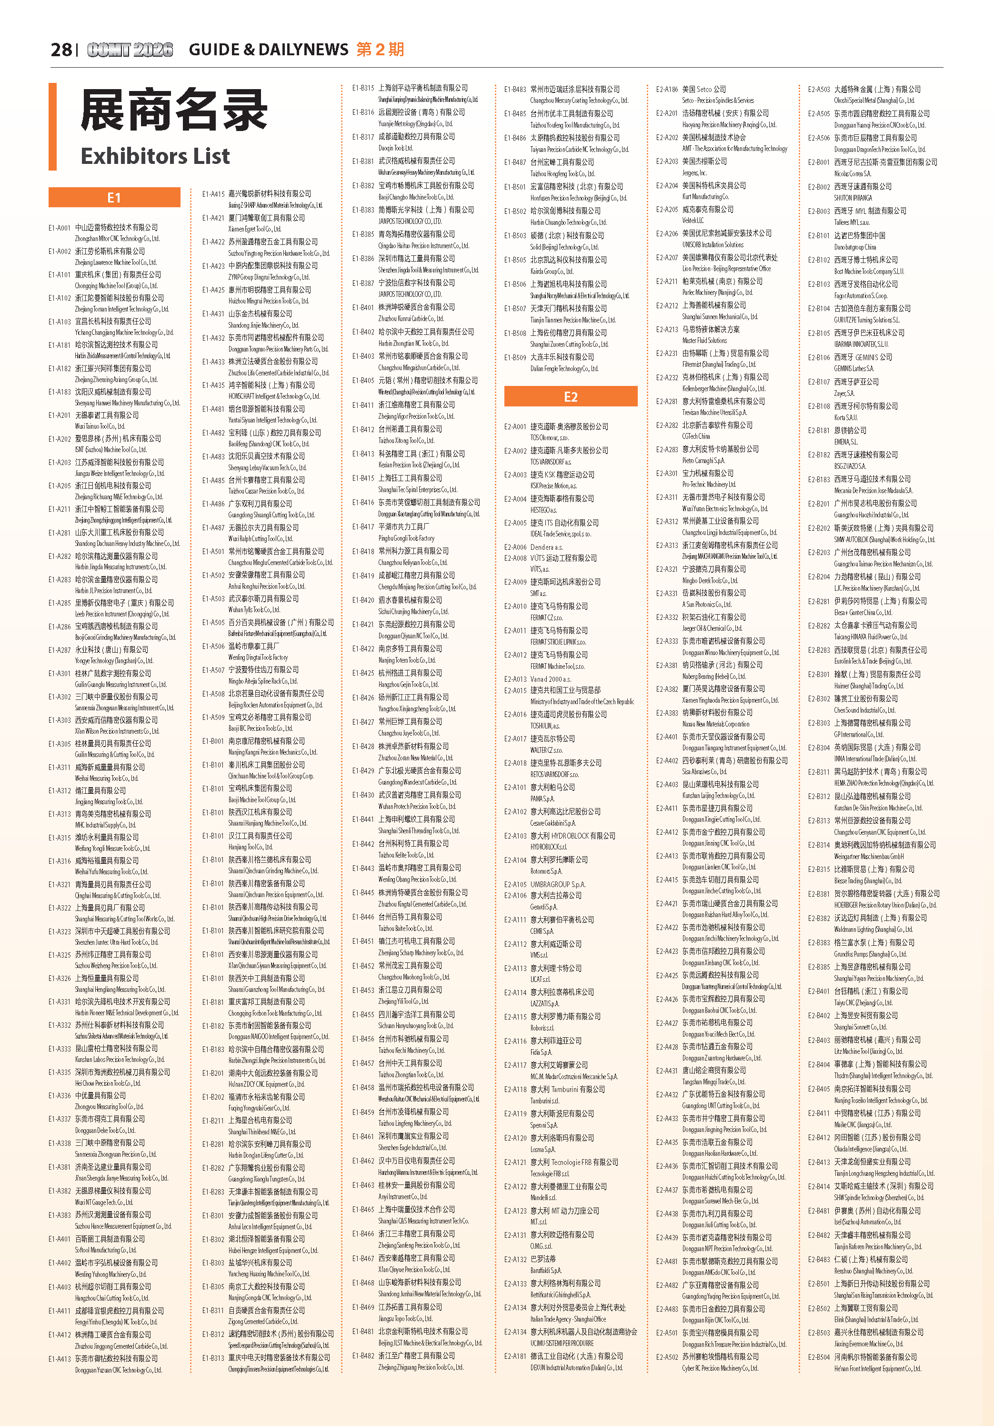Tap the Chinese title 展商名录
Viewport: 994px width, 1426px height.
tap(174, 110)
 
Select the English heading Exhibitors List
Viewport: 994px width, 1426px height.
tap(155, 156)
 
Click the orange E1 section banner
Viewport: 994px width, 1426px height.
tap(114, 198)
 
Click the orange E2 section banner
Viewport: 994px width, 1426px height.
tap(571, 397)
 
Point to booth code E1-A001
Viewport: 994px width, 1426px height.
tap(60, 228)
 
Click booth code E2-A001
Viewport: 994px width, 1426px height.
tap(515, 427)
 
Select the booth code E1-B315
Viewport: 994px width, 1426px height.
tap(363, 88)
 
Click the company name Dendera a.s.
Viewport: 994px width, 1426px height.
tap(546, 547)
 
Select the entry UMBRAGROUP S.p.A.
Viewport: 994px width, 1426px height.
tap(558, 884)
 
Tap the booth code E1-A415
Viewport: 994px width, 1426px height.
tap(213, 194)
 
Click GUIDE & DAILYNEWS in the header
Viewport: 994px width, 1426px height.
tap(268, 50)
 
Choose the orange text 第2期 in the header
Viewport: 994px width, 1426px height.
tap(380, 50)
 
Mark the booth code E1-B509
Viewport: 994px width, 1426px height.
tap(515, 358)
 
